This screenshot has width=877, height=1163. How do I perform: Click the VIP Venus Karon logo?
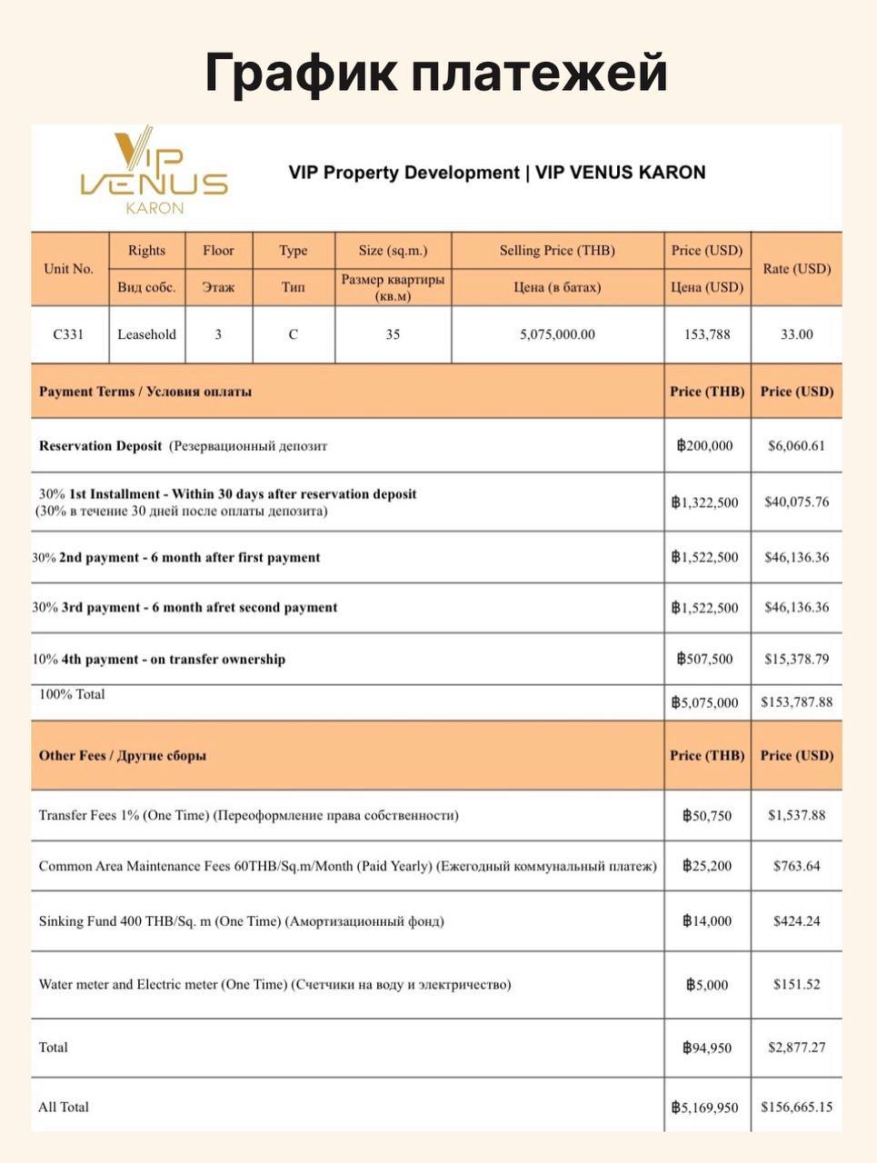point(154,172)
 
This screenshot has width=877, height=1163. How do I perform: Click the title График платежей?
point(436,73)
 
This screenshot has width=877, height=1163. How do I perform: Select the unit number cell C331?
point(68,334)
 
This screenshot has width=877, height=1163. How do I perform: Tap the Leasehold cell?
point(146,334)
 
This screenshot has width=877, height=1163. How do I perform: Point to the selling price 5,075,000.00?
point(557,334)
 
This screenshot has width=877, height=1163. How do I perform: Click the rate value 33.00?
point(796,334)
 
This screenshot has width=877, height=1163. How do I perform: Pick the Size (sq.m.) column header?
point(393,251)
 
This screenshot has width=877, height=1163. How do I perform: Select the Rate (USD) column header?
point(796,269)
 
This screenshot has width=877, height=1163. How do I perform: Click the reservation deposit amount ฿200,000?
point(705,446)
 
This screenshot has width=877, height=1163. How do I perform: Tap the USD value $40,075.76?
point(796,502)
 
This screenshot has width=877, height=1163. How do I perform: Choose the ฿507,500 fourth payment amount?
point(705,660)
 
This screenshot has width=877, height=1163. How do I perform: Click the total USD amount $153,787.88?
point(796,702)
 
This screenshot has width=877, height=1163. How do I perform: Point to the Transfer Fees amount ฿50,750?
point(706,816)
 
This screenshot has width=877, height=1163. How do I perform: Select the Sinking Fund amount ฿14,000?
point(706,921)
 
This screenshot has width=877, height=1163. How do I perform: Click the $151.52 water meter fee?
point(796,985)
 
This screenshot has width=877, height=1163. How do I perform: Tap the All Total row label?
point(64,1107)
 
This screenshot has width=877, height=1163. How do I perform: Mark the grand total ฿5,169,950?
point(705,1108)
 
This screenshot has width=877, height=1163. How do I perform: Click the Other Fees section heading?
point(123,756)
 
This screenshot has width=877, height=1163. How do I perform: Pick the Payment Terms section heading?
point(145,392)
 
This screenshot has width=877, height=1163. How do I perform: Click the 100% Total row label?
point(72,695)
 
